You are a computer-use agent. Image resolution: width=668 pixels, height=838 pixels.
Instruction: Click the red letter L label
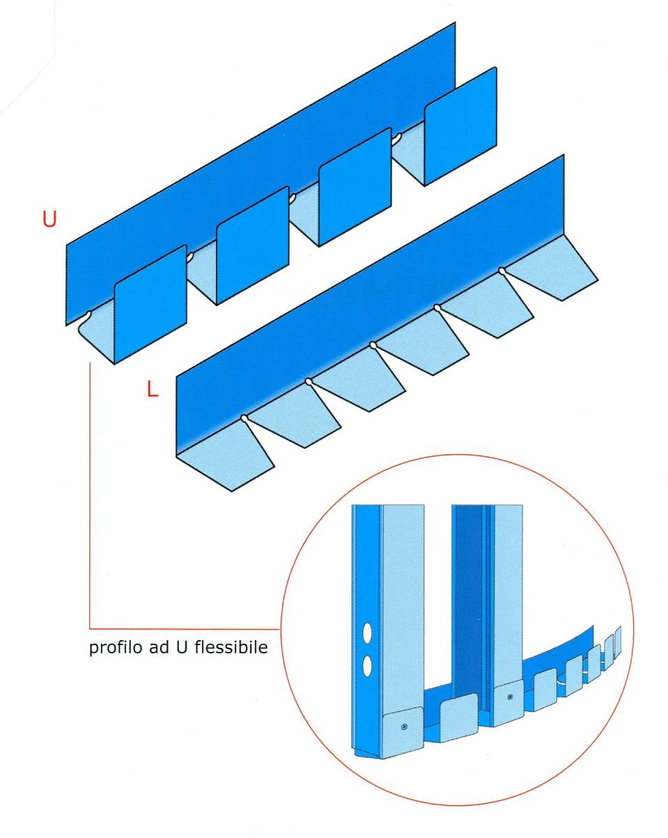point(153,389)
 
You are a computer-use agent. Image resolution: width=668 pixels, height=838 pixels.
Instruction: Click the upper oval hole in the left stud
point(367,635)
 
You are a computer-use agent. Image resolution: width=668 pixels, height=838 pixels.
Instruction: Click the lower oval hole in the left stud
point(367,667)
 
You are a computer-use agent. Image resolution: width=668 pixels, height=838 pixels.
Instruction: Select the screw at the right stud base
point(511,697)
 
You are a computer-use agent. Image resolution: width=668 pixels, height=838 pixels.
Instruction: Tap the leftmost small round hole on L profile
point(244,418)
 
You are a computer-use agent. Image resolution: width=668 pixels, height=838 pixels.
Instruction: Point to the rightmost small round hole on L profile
point(501,270)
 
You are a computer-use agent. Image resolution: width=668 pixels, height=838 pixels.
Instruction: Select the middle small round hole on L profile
point(373,344)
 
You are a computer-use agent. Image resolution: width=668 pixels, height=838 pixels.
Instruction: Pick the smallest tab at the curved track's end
point(617,640)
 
